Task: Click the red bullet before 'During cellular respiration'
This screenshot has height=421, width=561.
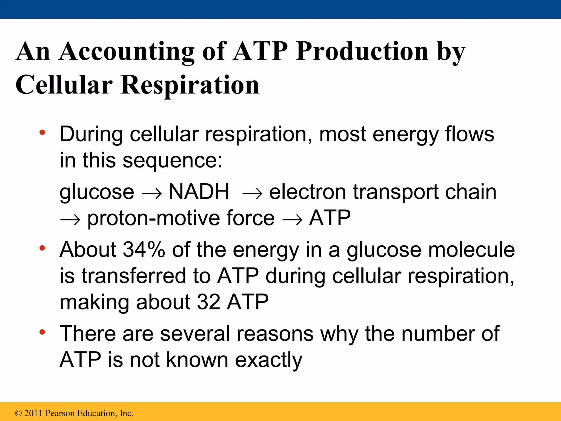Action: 42,133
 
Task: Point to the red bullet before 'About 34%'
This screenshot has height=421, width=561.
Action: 42,248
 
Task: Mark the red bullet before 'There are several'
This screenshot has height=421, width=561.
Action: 42,332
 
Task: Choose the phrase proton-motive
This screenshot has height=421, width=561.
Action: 153,218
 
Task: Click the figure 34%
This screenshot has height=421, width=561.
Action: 144,250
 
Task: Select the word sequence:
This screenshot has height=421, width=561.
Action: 173,161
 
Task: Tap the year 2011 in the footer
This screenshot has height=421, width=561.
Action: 33,413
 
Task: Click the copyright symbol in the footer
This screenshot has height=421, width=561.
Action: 18,413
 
